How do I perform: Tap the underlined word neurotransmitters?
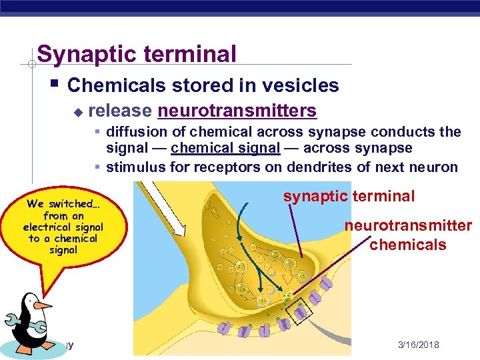(x=237, y=110)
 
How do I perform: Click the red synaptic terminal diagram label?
(x=349, y=196)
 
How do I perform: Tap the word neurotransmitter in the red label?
(x=408, y=225)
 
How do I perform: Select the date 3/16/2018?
(x=418, y=345)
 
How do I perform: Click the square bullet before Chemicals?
(x=53, y=84)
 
